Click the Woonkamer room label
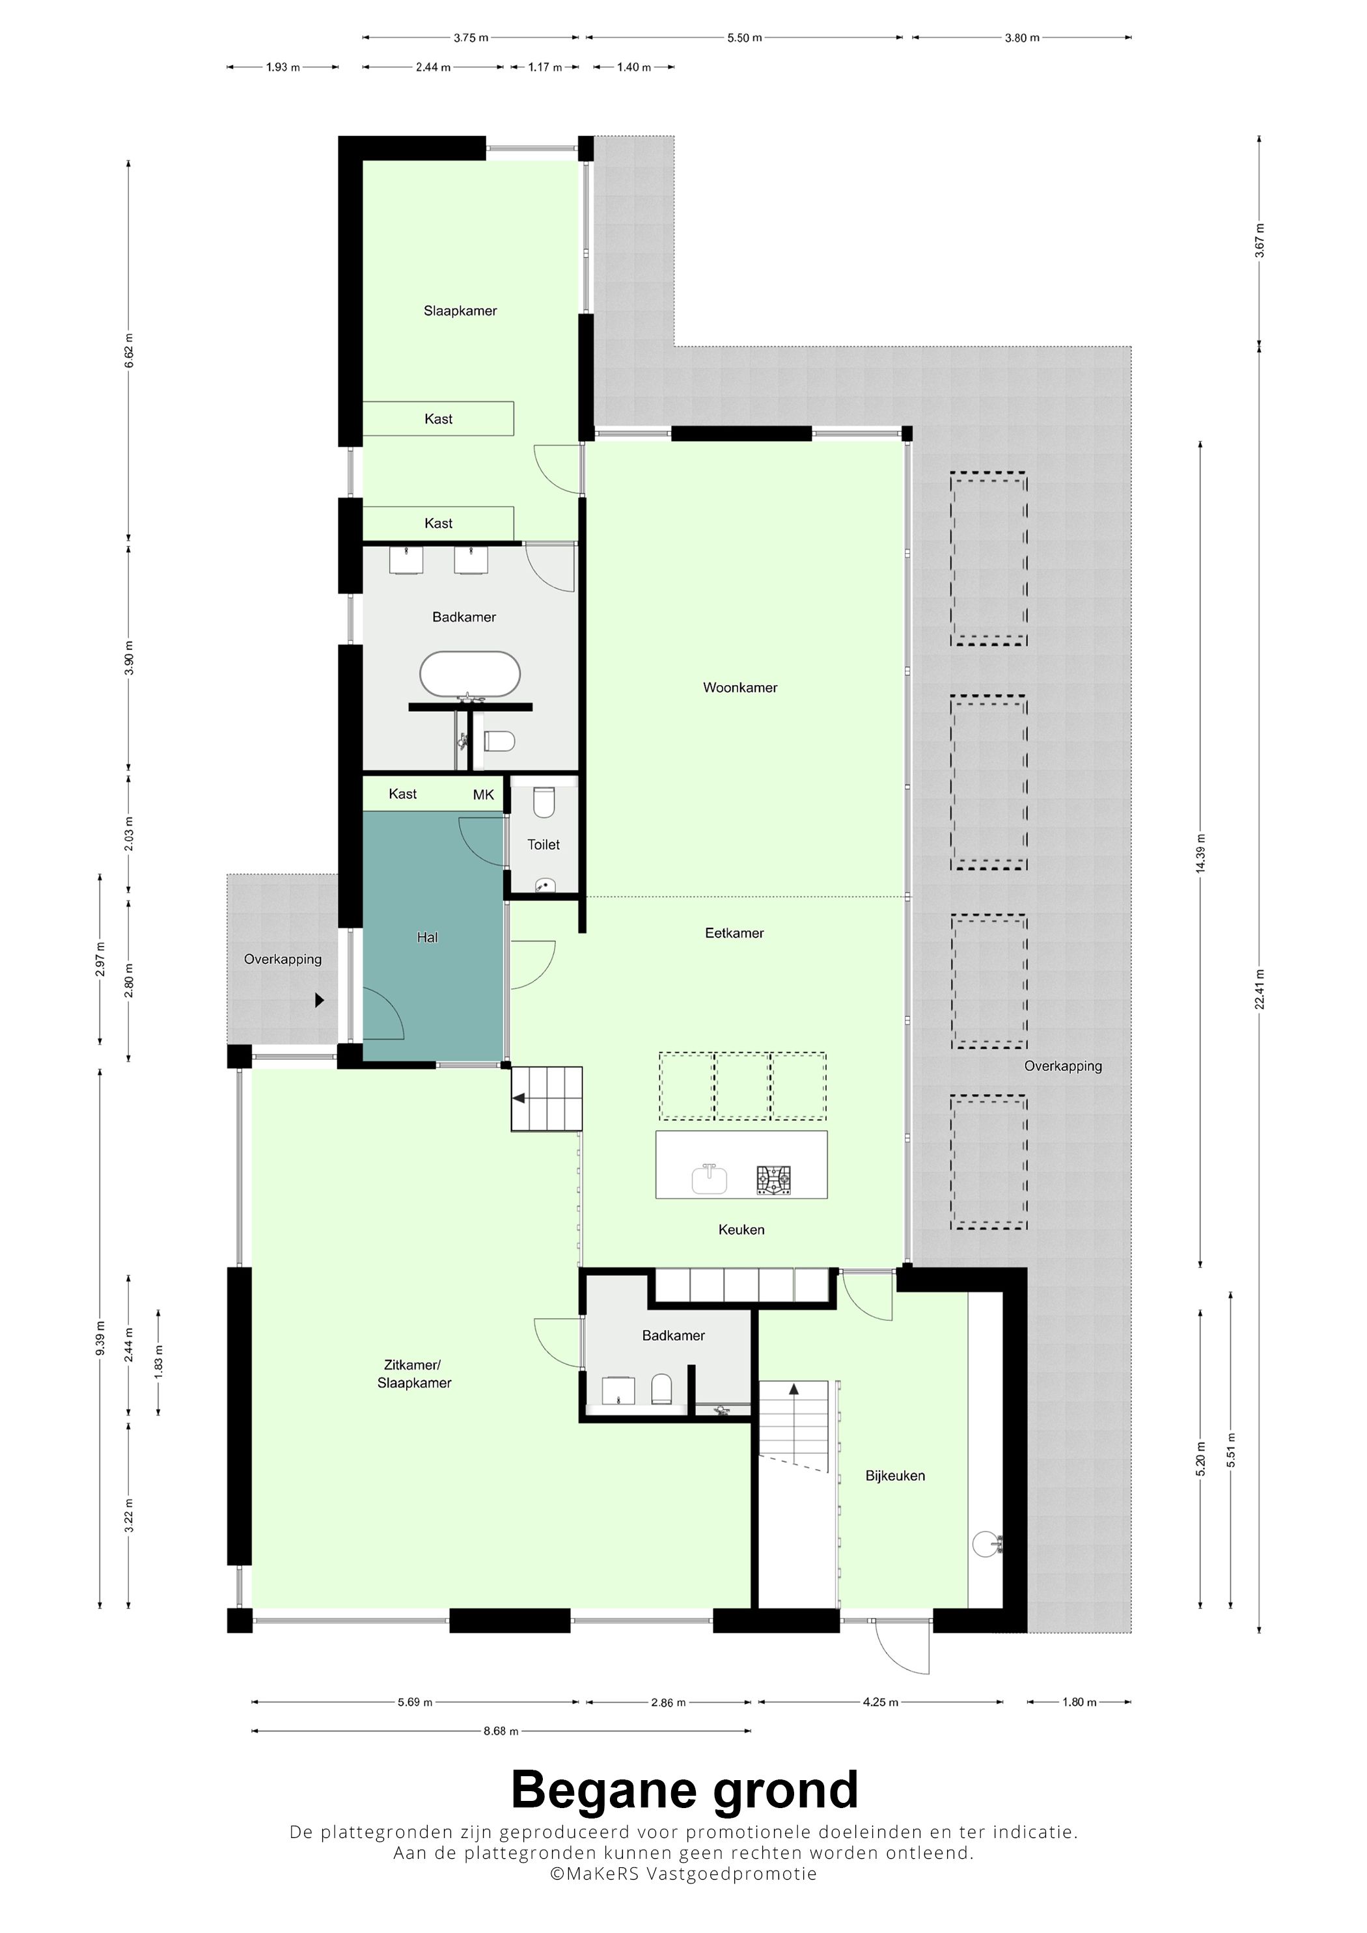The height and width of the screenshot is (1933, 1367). click(x=740, y=688)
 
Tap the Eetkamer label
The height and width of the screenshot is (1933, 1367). click(x=734, y=933)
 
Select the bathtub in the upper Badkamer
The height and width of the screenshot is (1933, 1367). click(x=470, y=674)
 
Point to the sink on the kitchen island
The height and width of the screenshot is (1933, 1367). click(x=710, y=1179)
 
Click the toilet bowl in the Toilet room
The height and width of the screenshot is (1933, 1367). click(x=544, y=803)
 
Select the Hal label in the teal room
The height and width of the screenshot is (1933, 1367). click(x=427, y=937)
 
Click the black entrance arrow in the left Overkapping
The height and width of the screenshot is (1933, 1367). click(x=319, y=1000)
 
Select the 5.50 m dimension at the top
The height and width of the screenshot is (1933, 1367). click(x=745, y=38)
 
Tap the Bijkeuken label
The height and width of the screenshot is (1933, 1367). click(x=894, y=1475)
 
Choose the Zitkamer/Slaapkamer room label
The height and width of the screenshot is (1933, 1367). click(x=413, y=1374)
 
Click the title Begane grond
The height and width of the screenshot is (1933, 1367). click(x=684, y=1789)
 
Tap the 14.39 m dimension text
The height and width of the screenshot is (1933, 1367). click(x=1200, y=854)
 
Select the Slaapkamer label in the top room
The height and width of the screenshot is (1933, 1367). click(x=460, y=310)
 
